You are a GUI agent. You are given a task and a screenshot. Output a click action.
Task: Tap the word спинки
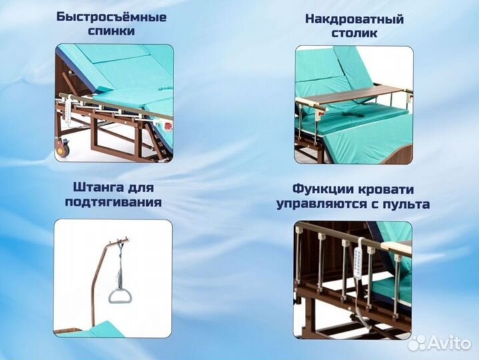pos(112,31)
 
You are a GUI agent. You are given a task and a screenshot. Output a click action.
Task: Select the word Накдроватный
pos(354,18)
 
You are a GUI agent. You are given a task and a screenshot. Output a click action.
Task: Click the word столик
pos(354,33)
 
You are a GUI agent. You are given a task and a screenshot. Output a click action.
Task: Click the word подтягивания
pos(113,202)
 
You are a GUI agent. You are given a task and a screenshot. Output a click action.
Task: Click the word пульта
pos(406,204)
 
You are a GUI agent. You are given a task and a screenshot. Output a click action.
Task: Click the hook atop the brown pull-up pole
pos(121,239)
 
